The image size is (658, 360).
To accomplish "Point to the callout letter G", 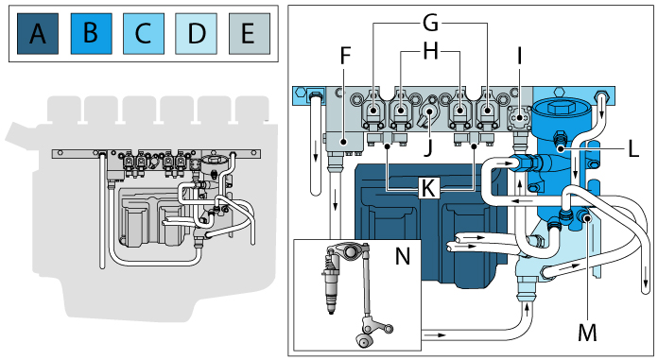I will (430, 20).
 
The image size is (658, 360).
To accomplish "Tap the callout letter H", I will (430, 53).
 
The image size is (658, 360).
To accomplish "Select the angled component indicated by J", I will (428, 114).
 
